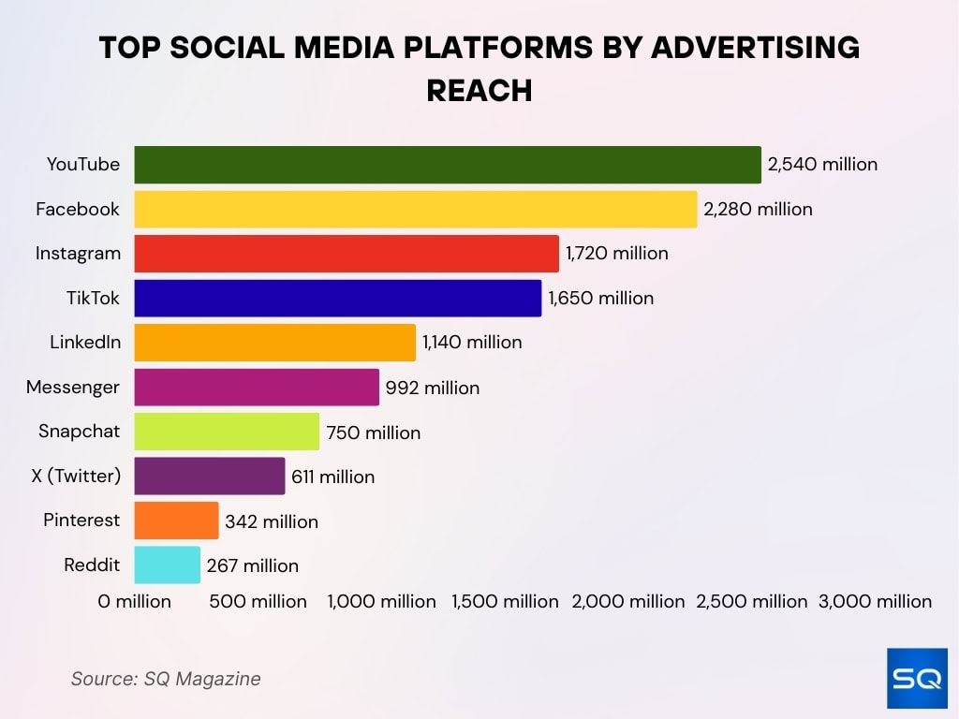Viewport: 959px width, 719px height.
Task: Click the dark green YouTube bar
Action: point(448,165)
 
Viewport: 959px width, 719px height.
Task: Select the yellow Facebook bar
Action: point(416,209)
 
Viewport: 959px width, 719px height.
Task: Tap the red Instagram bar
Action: point(347,254)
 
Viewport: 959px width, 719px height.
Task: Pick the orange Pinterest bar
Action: point(176,521)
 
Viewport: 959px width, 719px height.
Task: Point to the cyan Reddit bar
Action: point(167,565)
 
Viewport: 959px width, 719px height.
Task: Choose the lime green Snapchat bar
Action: point(227,432)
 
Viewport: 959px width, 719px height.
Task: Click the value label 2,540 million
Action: point(822,165)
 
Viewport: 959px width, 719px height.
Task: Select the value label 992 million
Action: point(432,388)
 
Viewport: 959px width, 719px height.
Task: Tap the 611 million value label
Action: point(332,477)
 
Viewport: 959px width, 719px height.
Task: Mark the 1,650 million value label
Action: point(600,299)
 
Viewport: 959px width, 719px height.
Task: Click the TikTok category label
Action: point(93,299)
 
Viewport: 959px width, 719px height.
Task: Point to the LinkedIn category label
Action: point(85,343)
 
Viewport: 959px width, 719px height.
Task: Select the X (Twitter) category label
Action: point(76,477)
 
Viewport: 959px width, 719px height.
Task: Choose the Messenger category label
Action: point(73,388)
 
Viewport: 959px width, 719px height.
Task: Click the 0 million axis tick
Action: point(135,601)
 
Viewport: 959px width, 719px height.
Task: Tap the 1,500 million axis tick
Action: point(506,601)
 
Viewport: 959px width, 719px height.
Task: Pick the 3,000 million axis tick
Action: point(875,601)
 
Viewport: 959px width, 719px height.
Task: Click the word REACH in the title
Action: point(479,90)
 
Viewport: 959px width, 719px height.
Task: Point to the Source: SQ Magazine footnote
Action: point(166,679)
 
